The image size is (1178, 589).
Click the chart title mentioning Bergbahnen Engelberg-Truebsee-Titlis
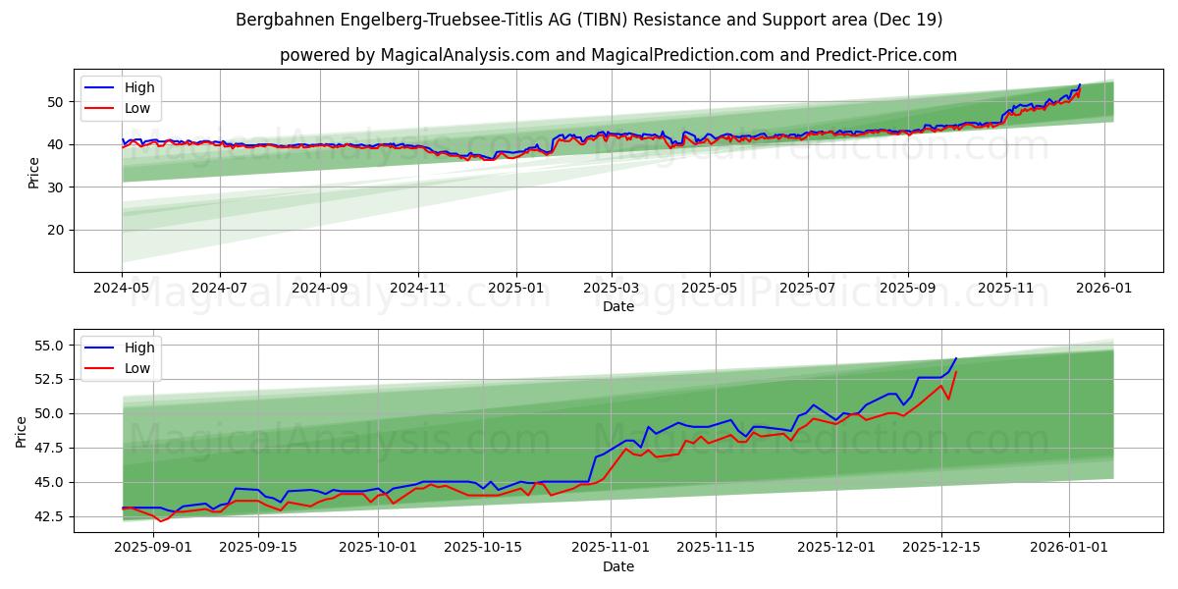(x=589, y=20)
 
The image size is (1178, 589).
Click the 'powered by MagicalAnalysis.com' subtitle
(x=618, y=55)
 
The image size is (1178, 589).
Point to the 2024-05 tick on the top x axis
(x=123, y=290)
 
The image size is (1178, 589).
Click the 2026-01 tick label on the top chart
(x=1104, y=290)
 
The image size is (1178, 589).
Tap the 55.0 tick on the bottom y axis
(x=49, y=346)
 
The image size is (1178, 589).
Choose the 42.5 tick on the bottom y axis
(x=49, y=516)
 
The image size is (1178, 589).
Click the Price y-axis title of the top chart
(x=33, y=173)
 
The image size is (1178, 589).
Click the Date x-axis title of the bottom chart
(x=618, y=567)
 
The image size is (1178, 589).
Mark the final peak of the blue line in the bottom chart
(x=956, y=358)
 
